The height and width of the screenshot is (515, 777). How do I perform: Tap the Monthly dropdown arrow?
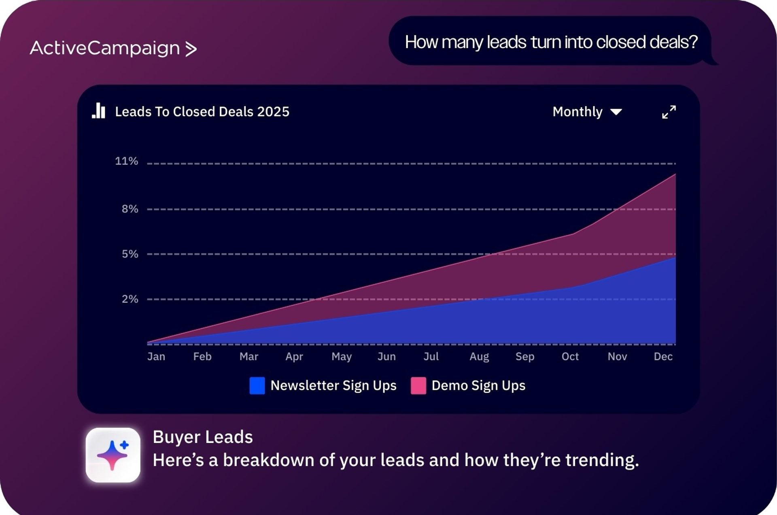616,112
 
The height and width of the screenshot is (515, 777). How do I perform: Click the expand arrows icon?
669,112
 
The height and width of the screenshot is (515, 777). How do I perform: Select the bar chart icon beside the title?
98,111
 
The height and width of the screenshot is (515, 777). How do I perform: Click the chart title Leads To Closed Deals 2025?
202,112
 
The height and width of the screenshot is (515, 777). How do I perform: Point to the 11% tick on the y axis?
127,161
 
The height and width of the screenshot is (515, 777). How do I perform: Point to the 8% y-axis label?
130,209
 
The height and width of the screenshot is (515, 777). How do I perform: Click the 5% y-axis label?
130,254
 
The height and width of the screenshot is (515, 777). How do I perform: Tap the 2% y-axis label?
130,299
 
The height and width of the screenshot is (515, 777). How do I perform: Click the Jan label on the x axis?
156,356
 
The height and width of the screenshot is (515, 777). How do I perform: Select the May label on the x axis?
342,357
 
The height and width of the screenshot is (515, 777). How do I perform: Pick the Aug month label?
479,357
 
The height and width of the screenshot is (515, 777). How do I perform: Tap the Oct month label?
570,356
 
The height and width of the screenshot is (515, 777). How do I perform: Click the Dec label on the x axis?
663,356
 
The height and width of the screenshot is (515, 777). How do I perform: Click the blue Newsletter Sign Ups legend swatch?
257,385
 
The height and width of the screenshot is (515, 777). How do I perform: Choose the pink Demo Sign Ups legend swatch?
418,385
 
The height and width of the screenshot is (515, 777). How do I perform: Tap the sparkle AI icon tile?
113,455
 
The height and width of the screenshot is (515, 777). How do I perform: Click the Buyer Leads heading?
203,437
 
